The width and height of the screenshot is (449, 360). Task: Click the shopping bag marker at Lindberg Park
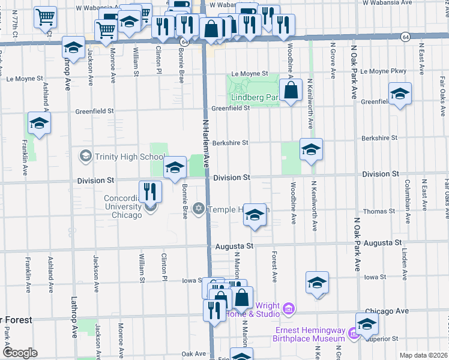[x=291, y=92]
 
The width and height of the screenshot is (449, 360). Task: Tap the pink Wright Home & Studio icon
[x=289, y=309]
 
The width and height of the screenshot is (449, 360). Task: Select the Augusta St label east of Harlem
[x=232, y=246]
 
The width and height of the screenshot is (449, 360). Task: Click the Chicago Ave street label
[x=390, y=311]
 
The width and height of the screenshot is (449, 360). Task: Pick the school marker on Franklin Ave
[x=39, y=124]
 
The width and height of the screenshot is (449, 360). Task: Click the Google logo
[x=20, y=352]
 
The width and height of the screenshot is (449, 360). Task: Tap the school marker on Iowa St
[x=317, y=283]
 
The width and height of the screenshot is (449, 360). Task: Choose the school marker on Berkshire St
[x=311, y=150]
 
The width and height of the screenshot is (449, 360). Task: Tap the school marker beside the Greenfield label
[x=400, y=94]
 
